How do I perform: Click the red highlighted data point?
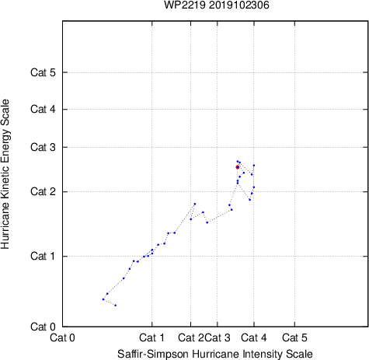(238, 167)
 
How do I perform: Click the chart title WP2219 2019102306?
(217, 5)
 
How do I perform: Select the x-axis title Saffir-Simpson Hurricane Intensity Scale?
(215, 354)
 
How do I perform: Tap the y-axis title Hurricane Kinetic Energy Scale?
(5, 174)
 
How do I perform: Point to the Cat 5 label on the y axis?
(43, 72)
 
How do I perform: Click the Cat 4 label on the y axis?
(43, 109)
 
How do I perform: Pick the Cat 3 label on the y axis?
(43, 147)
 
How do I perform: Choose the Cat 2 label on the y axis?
(43, 192)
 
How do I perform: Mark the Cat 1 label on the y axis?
(43, 256)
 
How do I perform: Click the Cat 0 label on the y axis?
(43, 327)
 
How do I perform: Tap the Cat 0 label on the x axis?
(62, 337)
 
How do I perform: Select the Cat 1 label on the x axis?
(151, 337)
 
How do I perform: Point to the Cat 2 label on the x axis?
(191, 337)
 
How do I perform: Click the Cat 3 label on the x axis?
(218, 337)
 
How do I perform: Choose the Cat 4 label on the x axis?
(254, 337)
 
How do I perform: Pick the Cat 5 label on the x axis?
(294, 337)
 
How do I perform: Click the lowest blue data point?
(116, 306)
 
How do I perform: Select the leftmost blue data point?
(103, 299)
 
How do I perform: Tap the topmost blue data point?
(238, 161)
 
